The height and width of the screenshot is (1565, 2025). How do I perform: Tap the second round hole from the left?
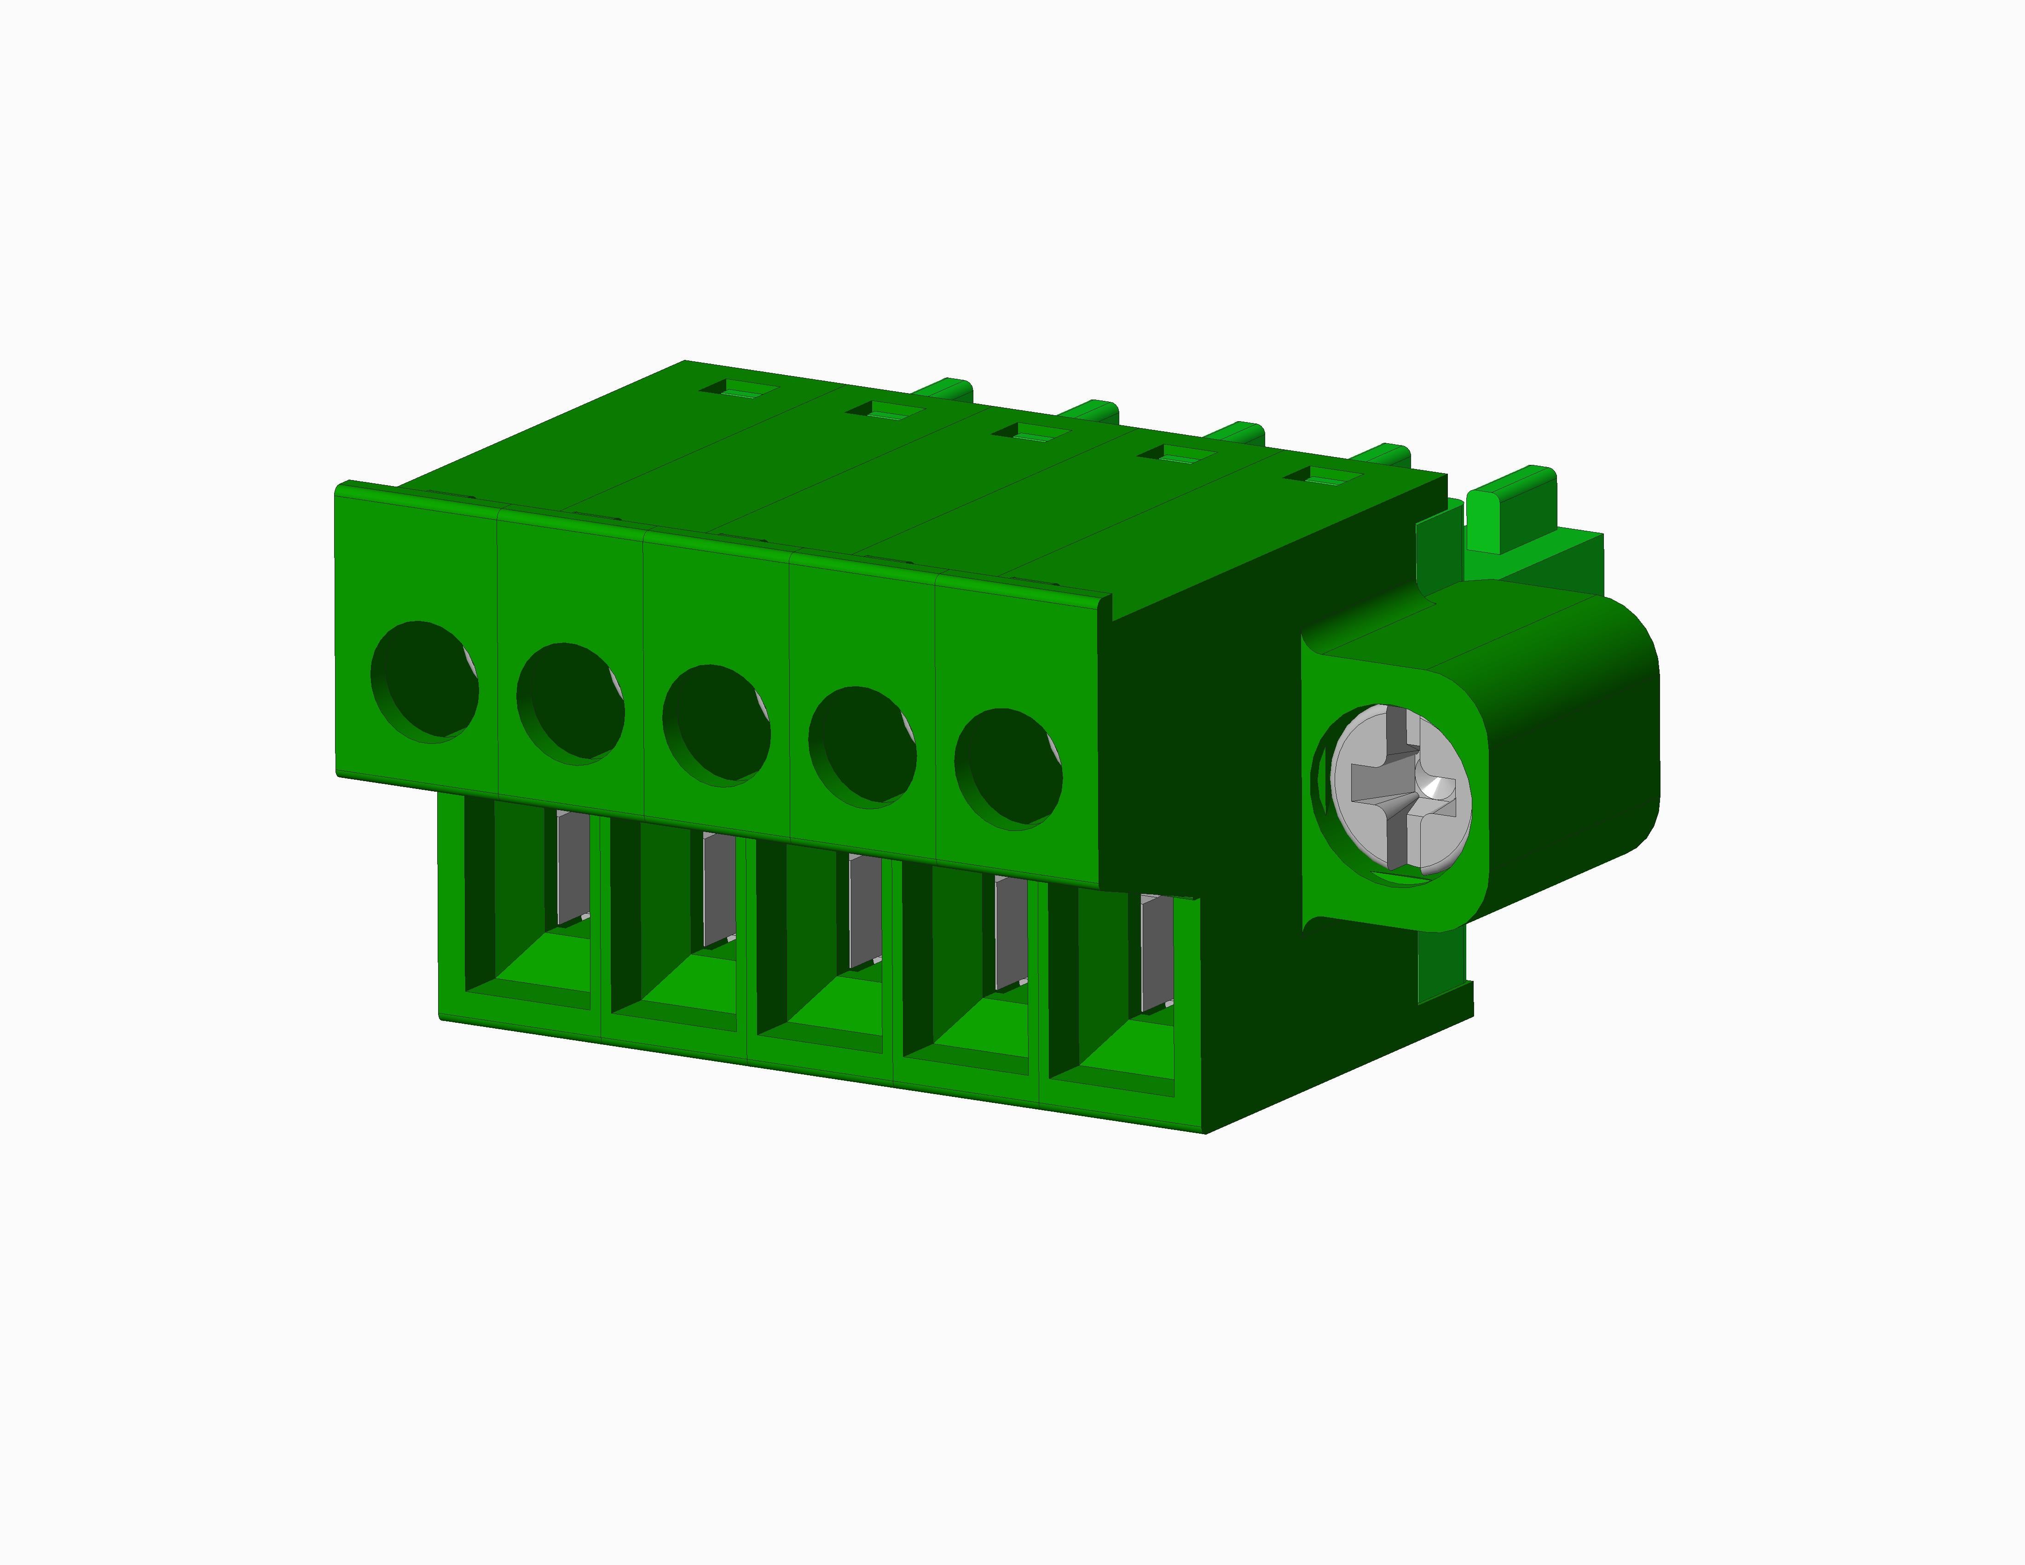pos(570,705)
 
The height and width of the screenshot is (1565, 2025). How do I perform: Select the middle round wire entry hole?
pos(716,726)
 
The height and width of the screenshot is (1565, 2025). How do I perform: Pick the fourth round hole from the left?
pos(862,747)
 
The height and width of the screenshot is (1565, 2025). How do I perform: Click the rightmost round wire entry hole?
pos(1009,770)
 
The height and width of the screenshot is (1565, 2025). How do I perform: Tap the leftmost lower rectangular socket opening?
pos(526,904)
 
